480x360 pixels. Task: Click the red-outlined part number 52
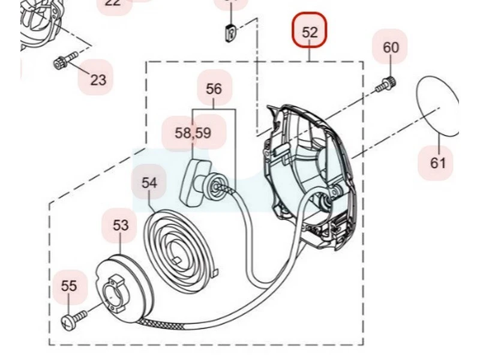pos(310,31)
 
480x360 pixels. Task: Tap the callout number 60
pos(390,47)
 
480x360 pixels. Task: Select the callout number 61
pos(438,162)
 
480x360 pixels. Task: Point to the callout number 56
pos(214,89)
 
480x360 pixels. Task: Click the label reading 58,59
pos(193,133)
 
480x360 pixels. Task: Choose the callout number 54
pos(149,182)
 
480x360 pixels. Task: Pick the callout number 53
pos(121,225)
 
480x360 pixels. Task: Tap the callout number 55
pos(69,286)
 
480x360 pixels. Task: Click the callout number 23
pos(98,79)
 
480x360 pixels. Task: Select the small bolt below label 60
pos(385,85)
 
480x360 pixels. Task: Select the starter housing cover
pos(306,174)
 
